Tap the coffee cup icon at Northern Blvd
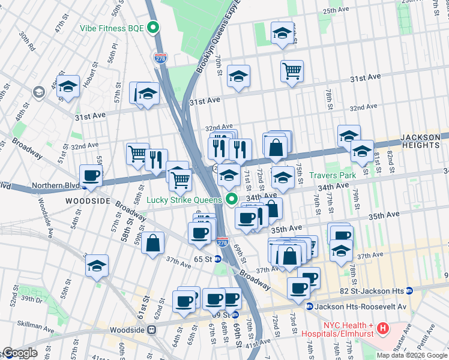[91, 176]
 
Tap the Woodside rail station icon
[152, 329]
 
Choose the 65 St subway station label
[203, 259]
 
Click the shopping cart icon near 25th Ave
[292, 71]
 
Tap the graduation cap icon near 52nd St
[97, 266]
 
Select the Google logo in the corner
[20, 353]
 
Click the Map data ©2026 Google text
[411, 355]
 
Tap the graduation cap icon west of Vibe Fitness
[68, 86]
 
